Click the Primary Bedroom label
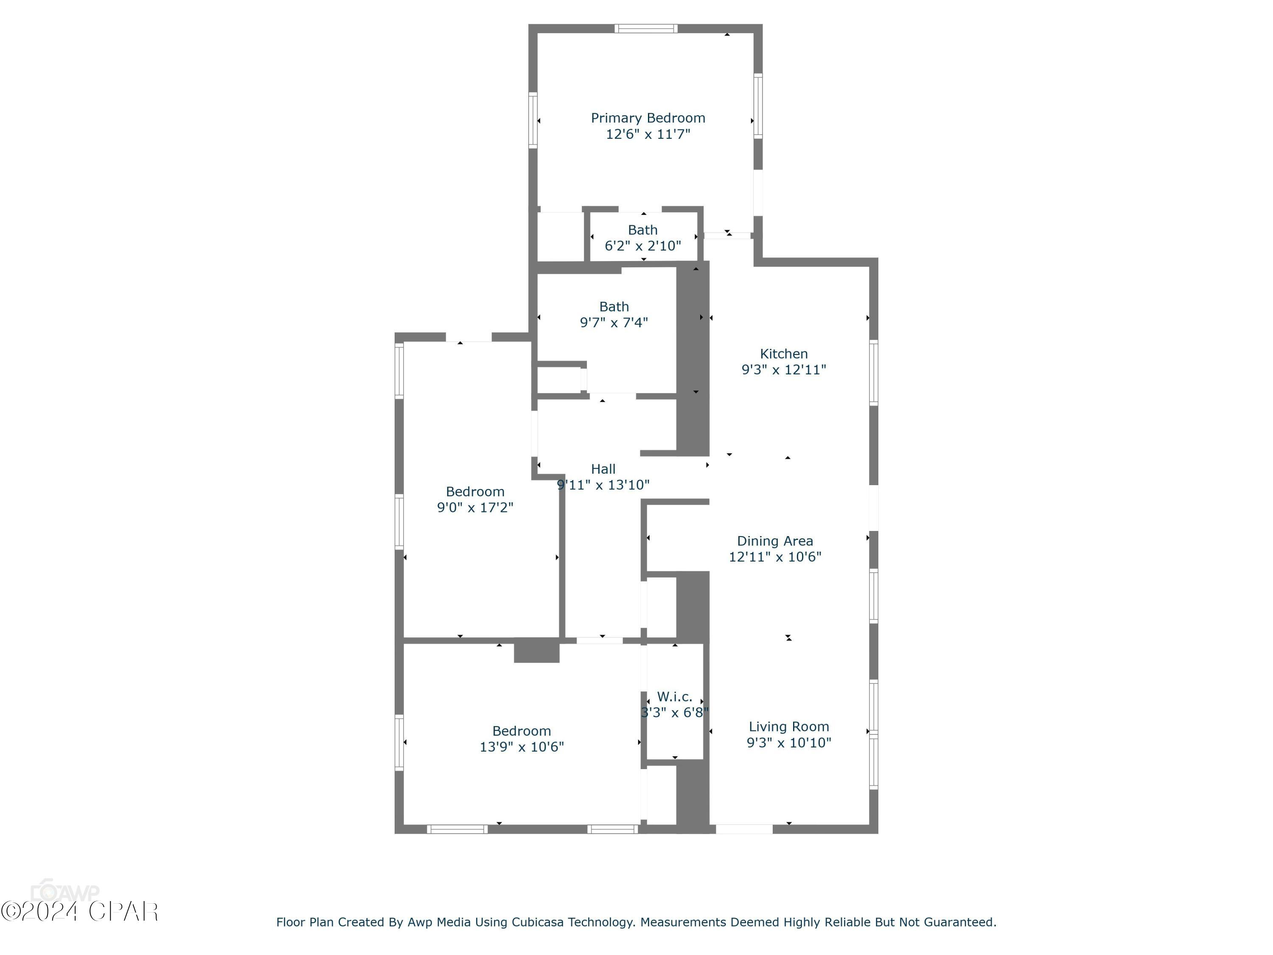pos(648,118)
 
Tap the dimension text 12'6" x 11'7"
pos(648,134)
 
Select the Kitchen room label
pos(783,354)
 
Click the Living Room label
pos(788,727)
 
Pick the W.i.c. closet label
pos(675,697)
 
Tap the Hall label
pos(603,469)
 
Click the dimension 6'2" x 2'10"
pos(642,246)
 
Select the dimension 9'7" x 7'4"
pos(614,322)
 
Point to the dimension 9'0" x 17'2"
pos(475,507)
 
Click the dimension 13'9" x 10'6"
pos(522,747)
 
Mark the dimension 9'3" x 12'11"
pos(783,370)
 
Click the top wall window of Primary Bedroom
pos(646,28)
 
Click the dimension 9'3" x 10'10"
pos(788,743)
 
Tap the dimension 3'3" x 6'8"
pos(675,713)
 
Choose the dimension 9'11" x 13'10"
pos(603,485)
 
